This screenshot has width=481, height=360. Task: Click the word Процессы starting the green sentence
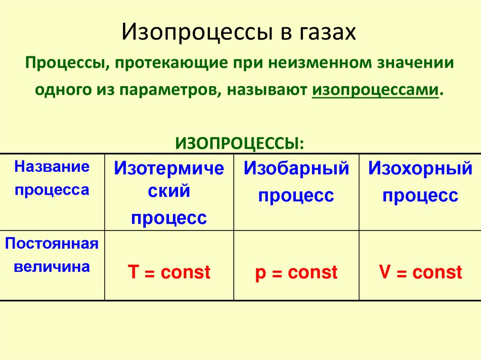pyautogui.click(x=65, y=63)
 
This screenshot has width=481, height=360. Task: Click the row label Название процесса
pyautogui.click(x=52, y=178)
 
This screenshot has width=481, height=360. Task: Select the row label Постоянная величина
pyautogui.click(x=52, y=255)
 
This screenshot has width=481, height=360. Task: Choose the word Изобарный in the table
pyautogui.click(x=296, y=169)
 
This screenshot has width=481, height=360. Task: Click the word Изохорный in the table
pyautogui.click(x=420, y=169)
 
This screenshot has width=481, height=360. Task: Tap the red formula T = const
pyautogui.click(x=169, y=272)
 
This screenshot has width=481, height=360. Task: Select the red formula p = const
pyautogui.click(x=296, y=272)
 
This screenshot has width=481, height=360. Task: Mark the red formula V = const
pyautogui.click(x=420, y=272)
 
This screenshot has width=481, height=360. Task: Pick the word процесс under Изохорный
pyautogui.click(x=420, y=195)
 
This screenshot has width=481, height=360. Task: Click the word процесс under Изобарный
pyautogui.click(x=296, y=195)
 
